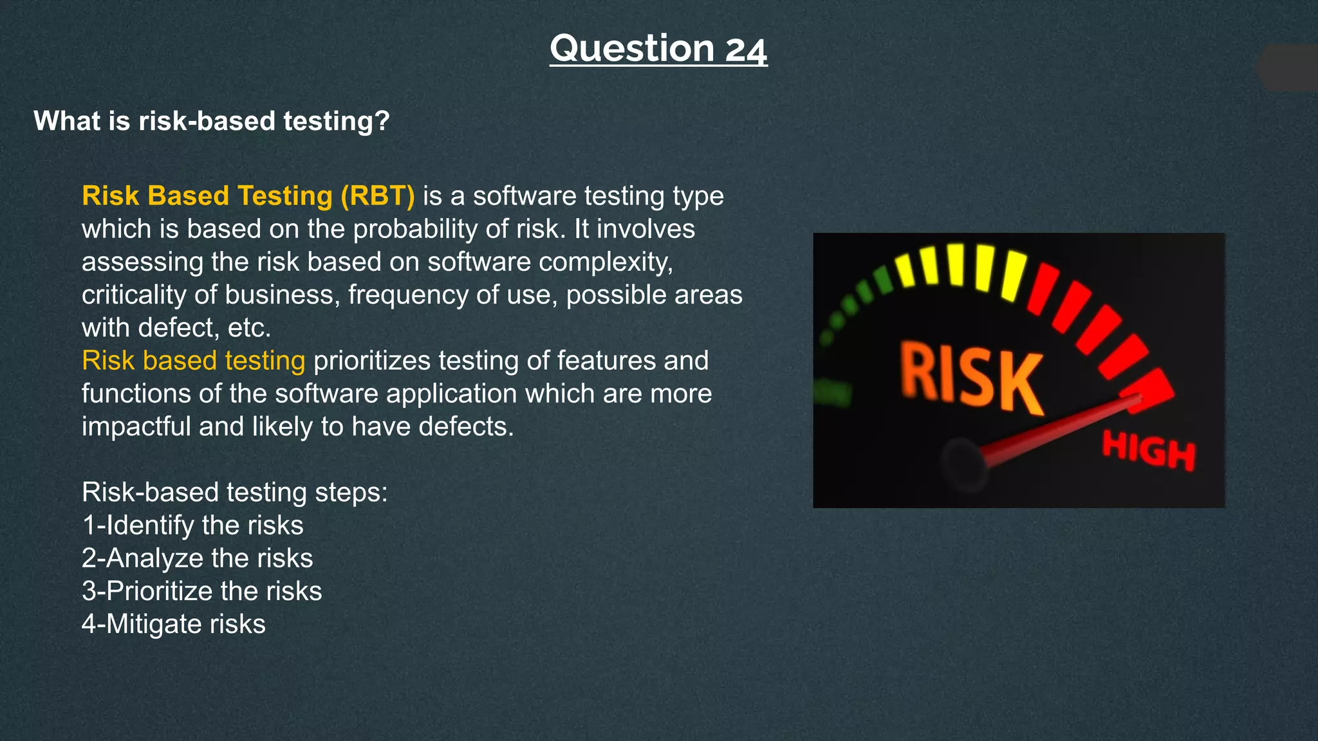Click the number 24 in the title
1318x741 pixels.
pos(746,50)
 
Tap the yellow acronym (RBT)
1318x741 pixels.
pos(377,196)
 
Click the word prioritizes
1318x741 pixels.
pos(371,360)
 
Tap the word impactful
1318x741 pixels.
pos(136,426)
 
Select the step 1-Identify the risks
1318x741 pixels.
pos(192,525)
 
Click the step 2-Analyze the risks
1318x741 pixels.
pos(197,558)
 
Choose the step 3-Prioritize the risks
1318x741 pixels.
pos(201,590)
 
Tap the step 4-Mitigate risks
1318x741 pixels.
pos(173,624)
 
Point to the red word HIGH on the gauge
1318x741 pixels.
pos(1148,450)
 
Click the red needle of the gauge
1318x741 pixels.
pos(1062,430)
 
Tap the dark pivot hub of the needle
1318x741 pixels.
pos(963,462)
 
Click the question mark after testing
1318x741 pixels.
pos(382,122)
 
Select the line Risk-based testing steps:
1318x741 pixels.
pos(234,492)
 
